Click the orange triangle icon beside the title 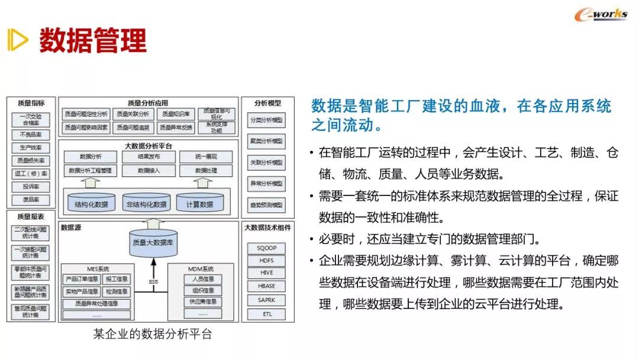click(x=18, y=40)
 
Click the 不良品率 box click(x=31, y=134)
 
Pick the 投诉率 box click(x=31, y=187)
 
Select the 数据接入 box click(x=149, y=171)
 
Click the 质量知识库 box click(x=175, y=114)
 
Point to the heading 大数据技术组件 click(x=267, y=226)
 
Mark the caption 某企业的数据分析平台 click(x=152, y=334)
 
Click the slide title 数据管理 click(x=93, y=40)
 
